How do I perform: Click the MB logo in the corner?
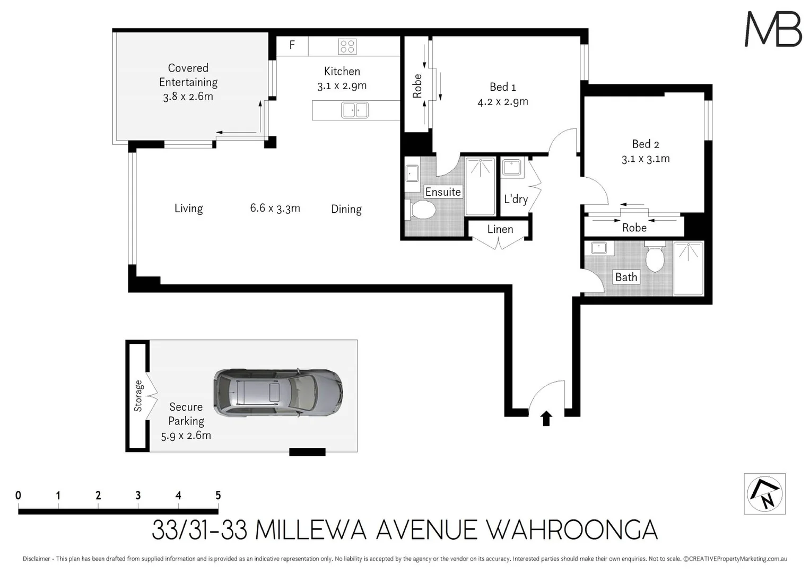(773, 29)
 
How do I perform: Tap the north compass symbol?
(764, 493)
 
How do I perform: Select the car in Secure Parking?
(278, 393)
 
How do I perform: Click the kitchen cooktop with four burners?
(347, 46)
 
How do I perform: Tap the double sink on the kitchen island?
(355, 110)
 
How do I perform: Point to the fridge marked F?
(292, 45)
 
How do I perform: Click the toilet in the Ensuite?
(422, 209)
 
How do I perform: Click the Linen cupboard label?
(500, 229)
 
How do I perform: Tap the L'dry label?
(516, 199)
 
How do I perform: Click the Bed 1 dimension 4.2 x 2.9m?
(502, 102)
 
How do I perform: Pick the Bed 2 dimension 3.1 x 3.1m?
(646, 159)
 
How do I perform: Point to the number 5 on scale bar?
(218, 495)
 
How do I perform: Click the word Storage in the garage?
(138, 396)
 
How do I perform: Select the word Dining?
(346, 209)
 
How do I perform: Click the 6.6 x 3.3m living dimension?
(275, 208)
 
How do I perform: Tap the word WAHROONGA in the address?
(572, 530)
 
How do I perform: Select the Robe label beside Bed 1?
(417, 86)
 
